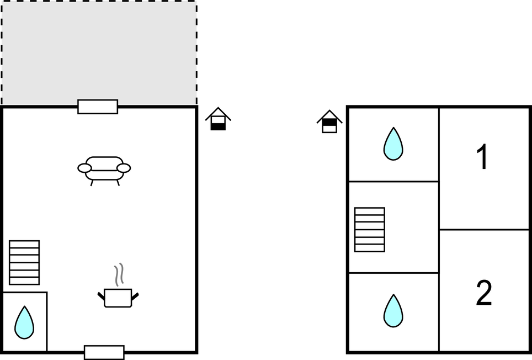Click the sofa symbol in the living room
(x=104, y=169)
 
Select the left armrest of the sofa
(x=84, y=168)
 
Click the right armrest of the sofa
(x=124, y=168)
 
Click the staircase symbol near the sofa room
(x=24, y=262)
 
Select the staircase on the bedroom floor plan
(x=369, y=229)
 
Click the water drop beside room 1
(x=393, y=145)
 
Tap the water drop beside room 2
(x=393, y=311)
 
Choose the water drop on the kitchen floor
(x=24, y=323)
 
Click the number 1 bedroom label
(x=483, y=158)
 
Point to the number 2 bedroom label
(x=483, y=294)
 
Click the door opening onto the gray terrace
(x=98, y=107)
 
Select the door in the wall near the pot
(x=104, y=352)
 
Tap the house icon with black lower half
(x=218, y=119)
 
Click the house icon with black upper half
(x=329, y=121)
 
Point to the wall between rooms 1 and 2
(x=484, y=230)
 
